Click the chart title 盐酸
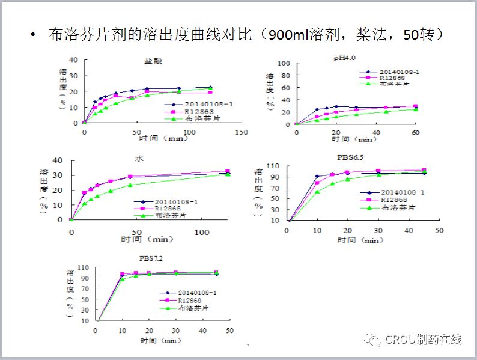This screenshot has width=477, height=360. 153,61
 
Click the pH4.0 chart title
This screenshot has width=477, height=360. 344,58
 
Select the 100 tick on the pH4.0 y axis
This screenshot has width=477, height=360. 285,64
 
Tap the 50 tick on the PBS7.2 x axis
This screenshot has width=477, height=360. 229,330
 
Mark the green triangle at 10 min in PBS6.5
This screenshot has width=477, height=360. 317,191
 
